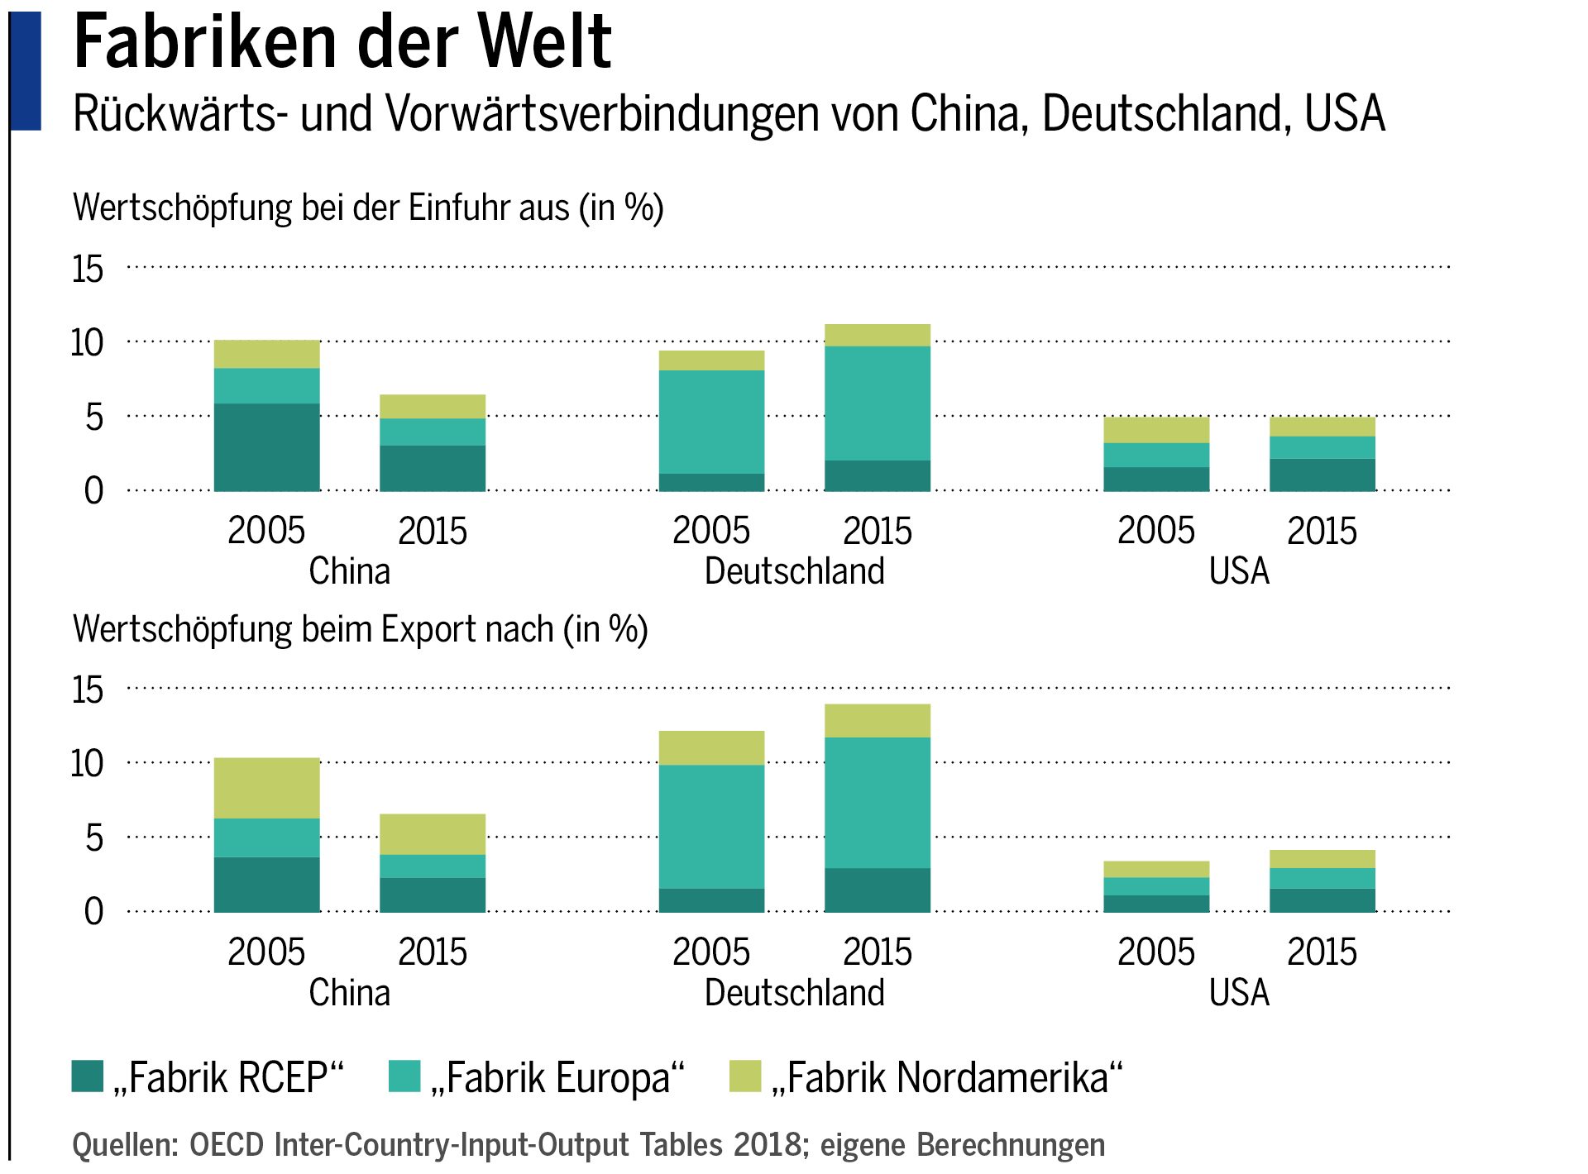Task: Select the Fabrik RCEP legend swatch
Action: [x=88, y=1076]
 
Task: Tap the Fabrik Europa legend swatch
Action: [x=404, y=1076]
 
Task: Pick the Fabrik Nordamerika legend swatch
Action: [x=745, y=1076]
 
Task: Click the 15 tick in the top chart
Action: [x=88, y=270]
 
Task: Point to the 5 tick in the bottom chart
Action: [x=94, y=838]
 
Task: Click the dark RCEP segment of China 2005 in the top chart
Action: [x=266, y=447]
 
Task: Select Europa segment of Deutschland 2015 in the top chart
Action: [x=878, y=403]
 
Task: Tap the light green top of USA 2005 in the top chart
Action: [x=1156, y=430]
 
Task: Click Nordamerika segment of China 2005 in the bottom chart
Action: [x=266, y=788]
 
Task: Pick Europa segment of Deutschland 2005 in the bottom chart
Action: [x=711, y=827]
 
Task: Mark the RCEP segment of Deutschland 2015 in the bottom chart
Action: [x=878, y=890]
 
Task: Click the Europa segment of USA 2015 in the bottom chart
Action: [x=1322, y=878]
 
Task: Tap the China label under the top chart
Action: [x=349, y=571]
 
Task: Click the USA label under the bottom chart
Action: [x=1238, y=993]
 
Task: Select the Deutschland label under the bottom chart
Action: [x=794, y=993]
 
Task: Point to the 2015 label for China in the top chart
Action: [x=432, y=532]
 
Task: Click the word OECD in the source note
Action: [x=227, y=1145]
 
